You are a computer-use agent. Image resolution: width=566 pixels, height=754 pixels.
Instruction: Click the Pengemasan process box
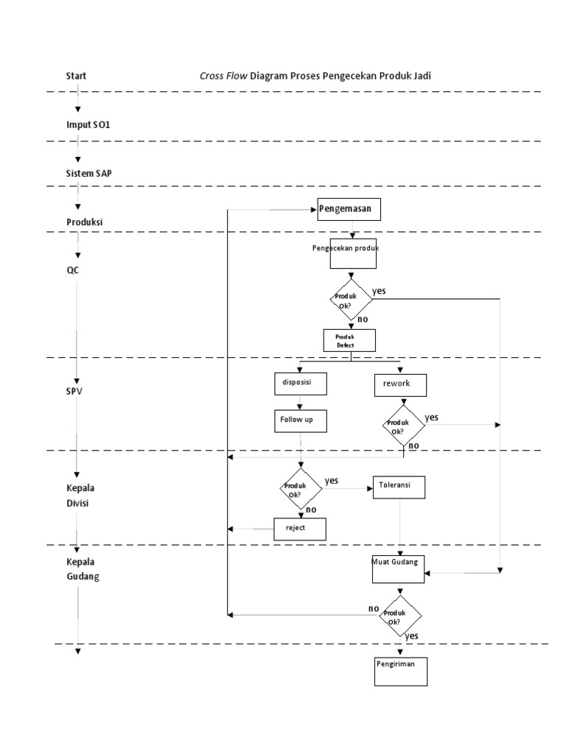pos(350,209)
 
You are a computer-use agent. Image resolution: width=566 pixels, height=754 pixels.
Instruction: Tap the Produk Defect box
pos(350,339)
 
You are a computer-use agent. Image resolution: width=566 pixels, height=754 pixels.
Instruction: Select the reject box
pos(299,529)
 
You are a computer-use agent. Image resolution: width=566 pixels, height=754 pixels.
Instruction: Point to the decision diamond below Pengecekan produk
pos(351,300)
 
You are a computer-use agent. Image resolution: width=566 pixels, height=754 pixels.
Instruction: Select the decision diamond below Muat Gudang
pos(399,616)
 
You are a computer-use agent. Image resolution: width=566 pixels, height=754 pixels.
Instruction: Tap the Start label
pos(77,75)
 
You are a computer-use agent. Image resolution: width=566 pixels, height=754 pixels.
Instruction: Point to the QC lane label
pos(72,269)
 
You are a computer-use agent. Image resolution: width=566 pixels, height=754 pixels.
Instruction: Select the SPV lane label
pos(74,391)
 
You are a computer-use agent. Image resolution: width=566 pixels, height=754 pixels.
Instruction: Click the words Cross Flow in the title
pos(223,75)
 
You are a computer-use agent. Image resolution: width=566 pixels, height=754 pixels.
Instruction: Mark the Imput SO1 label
pos(88,124)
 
